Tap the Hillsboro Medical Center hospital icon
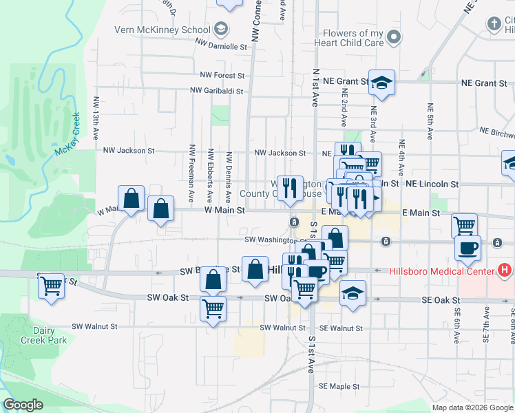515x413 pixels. click(506, 271)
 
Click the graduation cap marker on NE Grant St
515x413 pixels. click(381, 83)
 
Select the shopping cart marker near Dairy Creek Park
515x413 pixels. click(51, 285)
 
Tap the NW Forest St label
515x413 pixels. click(222, 74)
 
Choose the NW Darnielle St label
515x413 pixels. click(220, 46)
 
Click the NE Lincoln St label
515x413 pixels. click(432, 184)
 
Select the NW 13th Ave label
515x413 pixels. click(96, 111)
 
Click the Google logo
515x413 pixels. click(23, 405)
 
